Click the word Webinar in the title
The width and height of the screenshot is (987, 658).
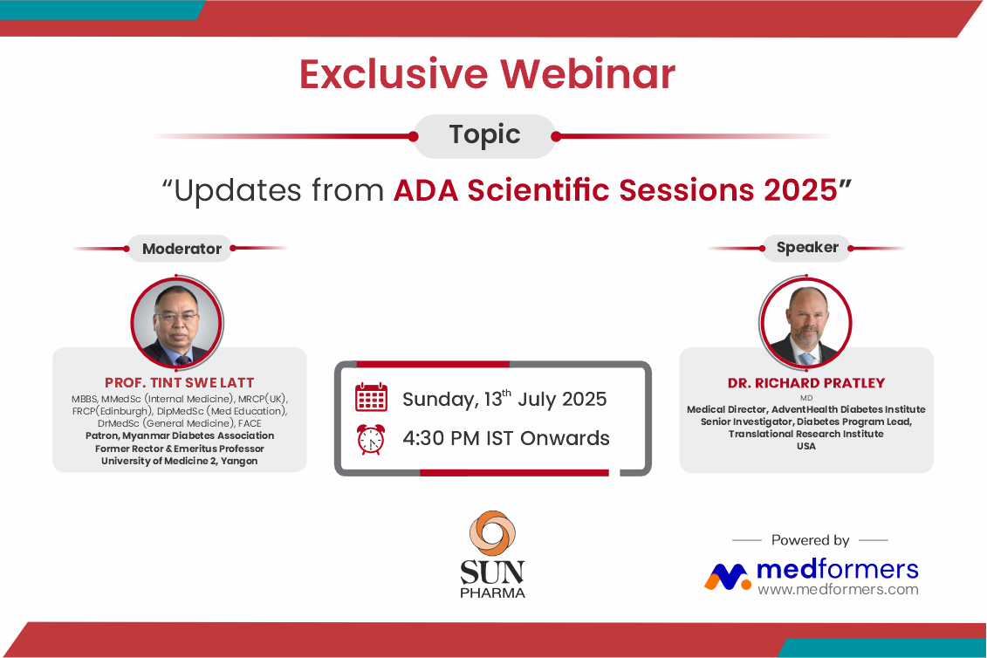click(588, 74)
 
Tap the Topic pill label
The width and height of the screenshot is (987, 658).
click(484, 134)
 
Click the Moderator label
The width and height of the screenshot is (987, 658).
click(182, 249)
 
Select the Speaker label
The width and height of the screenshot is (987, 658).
click(807, 248)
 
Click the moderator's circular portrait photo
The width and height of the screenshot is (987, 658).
click(177, 322)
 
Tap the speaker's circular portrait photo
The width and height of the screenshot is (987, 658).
click(805, 322)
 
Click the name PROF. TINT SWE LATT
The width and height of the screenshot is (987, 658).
click(180, 383)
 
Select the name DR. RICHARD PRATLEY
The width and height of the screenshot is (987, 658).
click(806, 383)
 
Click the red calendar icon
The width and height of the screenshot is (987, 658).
click(372, 397)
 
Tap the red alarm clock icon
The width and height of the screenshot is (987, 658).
click(372, 439)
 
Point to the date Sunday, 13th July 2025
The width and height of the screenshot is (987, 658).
click(504, 399)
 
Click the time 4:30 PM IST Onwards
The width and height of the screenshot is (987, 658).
click(506, 438)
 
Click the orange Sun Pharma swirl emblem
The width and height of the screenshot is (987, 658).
click(492, 533)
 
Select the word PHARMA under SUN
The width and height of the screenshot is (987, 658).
click(493, 593)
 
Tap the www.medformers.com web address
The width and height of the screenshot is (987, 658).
click(838, 589)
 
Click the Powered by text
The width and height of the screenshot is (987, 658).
click(811, 540)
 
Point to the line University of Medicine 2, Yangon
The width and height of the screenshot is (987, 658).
click(180, 461)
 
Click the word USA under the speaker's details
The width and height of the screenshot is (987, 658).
click(806, 446)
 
